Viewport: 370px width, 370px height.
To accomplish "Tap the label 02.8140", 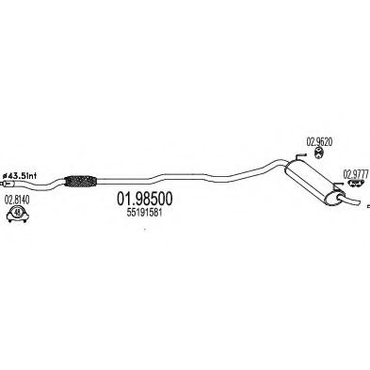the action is (17, 200).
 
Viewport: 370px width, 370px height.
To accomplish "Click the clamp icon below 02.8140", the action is (17, 216).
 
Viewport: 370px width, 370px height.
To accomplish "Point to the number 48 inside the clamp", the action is (17, 217).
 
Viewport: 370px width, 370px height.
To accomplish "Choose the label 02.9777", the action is (354, 172).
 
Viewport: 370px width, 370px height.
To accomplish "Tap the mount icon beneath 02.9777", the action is (355, 186).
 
